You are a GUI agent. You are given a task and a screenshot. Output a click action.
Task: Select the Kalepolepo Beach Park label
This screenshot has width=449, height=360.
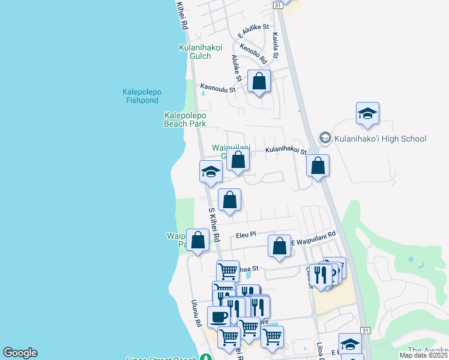tap(185, 119)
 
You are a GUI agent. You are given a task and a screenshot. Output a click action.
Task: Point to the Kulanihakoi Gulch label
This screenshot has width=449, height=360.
tap(200, 52)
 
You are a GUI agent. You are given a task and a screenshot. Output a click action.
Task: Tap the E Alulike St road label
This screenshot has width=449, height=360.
tap(253, 31)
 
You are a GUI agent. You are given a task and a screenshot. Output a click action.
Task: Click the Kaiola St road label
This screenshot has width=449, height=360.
tap(276, 45)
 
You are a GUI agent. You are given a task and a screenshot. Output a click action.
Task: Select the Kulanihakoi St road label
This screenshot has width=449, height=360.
tap(286, 151)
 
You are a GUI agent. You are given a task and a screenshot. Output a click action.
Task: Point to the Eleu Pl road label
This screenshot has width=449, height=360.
tap(246, 235)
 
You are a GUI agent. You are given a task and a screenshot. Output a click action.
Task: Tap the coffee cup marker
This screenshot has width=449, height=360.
tap(218, 316)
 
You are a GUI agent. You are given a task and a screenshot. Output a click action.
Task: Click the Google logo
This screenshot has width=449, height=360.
tap(20, 353)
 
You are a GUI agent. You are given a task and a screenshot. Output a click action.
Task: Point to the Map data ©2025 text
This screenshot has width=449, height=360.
tap(423, 355)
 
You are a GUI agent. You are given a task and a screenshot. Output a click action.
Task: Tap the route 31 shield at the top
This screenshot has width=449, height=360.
tap(277, 4)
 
